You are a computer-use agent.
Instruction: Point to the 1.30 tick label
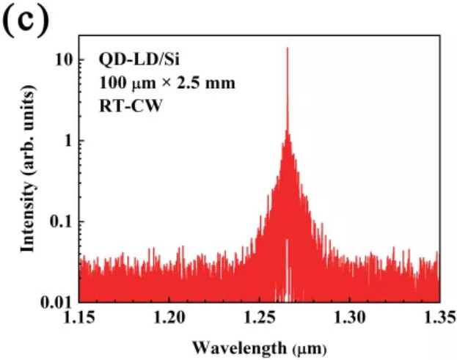[x=349, y=317]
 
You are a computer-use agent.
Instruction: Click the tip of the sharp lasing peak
[x=287, y=48]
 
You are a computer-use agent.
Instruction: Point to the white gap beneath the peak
[x=287, y=279]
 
